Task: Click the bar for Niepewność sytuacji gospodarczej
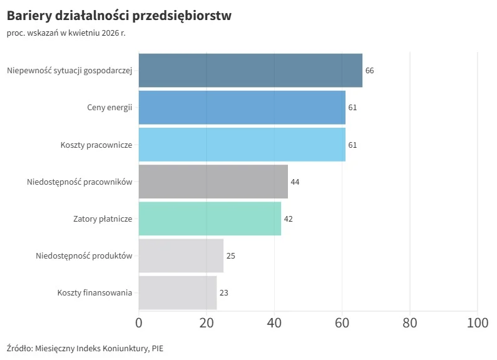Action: (250, 70)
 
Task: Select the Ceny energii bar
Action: (242, 107)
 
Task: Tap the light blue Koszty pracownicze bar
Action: (242, 145)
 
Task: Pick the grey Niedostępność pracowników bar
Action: (213, 182)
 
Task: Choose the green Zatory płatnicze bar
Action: (210, 219)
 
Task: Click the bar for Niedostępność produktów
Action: (181, 255)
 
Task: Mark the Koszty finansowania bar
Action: (177, 292)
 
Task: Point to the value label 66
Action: (369, 71)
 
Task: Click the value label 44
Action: (295, 182)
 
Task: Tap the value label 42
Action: (288, 219)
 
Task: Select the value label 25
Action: (230, 256)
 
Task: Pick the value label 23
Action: (223, 293)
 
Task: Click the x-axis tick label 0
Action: (139, 323)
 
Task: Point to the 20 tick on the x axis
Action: (207, 323)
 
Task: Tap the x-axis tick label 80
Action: (410, 323)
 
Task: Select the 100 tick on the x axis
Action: (478, 323)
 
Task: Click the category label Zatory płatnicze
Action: (103, 219)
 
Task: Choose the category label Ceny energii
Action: (110, 108)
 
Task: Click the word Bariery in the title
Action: (30, 16)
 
